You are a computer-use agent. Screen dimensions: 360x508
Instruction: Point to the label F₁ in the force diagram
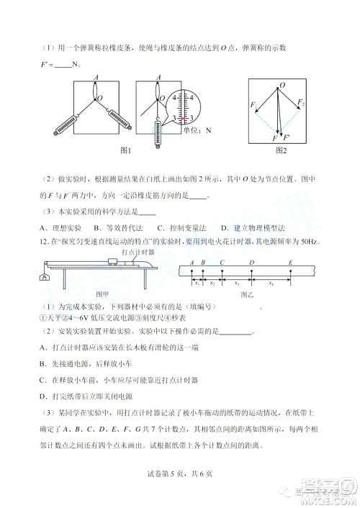click(x=253, y=106)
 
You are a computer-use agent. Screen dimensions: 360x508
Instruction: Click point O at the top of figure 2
click(x=282, y=85)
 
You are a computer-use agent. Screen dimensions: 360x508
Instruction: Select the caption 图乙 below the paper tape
click(x=251, y=294)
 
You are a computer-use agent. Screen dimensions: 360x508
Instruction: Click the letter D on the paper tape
click(x=251, y=263)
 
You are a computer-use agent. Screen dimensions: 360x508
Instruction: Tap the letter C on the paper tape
click(x=222, y=263)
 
